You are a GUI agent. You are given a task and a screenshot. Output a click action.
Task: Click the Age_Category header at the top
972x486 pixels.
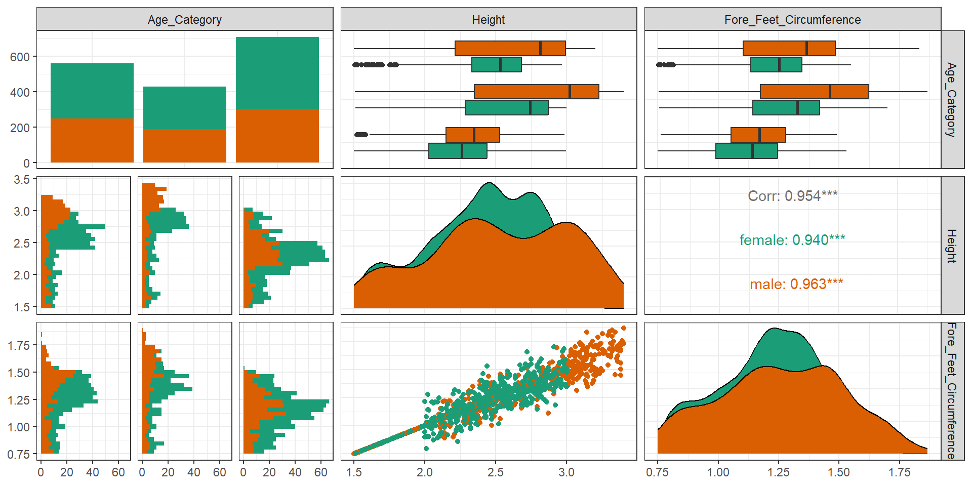(x=185, y=20)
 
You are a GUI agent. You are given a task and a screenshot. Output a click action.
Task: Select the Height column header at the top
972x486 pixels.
(x=489, y=20)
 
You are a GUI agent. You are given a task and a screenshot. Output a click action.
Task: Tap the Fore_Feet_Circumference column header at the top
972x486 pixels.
(x=792, y=20)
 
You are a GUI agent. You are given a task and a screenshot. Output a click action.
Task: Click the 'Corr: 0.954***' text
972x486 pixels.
(x=792, y=196)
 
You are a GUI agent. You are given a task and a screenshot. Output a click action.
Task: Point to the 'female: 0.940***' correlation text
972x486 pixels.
(x=792, y=240)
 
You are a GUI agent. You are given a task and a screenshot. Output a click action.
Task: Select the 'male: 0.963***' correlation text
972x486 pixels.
(x=796, y=284)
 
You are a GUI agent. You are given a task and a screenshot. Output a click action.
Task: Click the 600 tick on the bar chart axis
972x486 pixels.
(x=20, y=57)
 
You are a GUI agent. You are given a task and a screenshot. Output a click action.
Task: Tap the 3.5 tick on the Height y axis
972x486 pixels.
(x=22, y=180)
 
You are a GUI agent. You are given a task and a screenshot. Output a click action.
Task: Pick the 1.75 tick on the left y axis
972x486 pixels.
(x=19, y=345)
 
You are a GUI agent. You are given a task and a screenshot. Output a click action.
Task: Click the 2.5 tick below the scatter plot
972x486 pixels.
(x=495, y=472)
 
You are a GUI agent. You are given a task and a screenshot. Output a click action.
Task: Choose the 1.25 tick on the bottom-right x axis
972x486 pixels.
(x=778, y=472)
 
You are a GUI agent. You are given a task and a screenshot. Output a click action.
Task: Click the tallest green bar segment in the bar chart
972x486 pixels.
(x=277, y=73)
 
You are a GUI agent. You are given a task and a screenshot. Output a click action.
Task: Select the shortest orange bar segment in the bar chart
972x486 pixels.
(x=185, y=146)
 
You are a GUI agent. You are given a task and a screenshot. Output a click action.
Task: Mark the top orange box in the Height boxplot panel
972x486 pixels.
(x=510, y=49)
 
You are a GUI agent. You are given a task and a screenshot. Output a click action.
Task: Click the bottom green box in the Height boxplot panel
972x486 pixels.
(x=458, y=151)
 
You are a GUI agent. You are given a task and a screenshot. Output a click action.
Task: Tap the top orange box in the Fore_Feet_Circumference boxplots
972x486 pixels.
(x=789, y=49)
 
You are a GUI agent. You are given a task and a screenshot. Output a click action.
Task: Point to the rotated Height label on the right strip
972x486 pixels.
(x=952, y=246)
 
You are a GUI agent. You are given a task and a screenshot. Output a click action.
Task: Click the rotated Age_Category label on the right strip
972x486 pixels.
(x=952, y=100)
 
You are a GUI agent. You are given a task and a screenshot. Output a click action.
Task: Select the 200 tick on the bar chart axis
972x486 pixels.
(x=20, y=128)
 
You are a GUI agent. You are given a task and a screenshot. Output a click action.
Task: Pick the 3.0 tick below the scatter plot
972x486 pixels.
(x=566, y=472)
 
